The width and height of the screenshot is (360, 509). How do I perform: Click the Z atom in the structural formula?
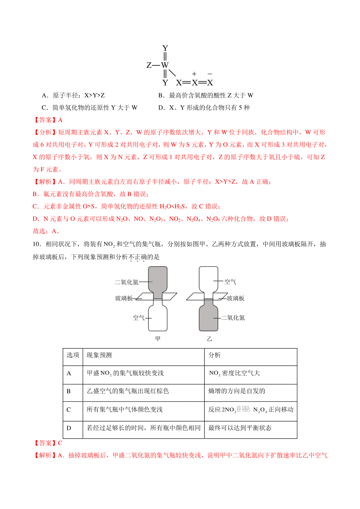click(x=149, y=65)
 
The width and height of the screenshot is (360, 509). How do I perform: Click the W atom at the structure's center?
click(x=165, y=65)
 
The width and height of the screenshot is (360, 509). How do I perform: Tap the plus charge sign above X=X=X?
click(x=194, y=74)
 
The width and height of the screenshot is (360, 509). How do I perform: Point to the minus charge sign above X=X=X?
click(x=210, y=74)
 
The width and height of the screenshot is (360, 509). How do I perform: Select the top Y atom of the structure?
click(x=165, y=48)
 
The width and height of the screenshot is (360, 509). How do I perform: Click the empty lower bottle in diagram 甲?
click(x=158, y=318)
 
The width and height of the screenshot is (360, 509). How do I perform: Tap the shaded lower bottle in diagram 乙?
click(x=208, y=318)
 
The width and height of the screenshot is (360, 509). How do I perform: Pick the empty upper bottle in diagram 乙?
click(x=208, y=279)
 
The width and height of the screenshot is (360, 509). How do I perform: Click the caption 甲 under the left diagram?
click(x=158, y=339)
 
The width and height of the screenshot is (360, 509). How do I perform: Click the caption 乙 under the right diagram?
click(x=209, y=339)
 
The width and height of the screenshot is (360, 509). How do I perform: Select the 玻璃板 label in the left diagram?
click(x=124, y=298)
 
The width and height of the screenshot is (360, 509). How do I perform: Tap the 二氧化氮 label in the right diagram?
click(x=233, y=318)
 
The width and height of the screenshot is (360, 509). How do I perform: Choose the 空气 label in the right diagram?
click(x=230, y=282)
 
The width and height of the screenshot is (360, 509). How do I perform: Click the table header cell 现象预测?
click(x=99, y=355)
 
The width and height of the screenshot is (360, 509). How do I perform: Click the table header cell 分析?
click(x=214, y=355)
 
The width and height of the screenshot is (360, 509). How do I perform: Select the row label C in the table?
click(x=69, y=410)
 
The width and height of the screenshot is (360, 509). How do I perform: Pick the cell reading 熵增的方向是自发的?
click(x=237, y=391)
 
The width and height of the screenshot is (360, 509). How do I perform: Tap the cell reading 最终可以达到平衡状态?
click(x=240, y=428)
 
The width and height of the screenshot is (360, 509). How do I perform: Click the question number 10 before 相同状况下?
click(x=36, y=244)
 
